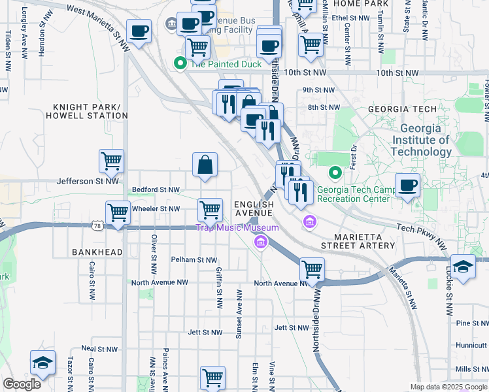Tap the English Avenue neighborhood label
pos(254,208)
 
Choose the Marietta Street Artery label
pos(358,241)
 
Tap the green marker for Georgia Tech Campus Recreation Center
pos(335,173)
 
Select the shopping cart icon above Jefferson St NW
pos(112,161)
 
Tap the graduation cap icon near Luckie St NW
pos(463,267)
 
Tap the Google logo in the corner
pos(22,384)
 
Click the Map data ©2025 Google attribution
pos(448,387)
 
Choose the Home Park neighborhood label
pos(351,4)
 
